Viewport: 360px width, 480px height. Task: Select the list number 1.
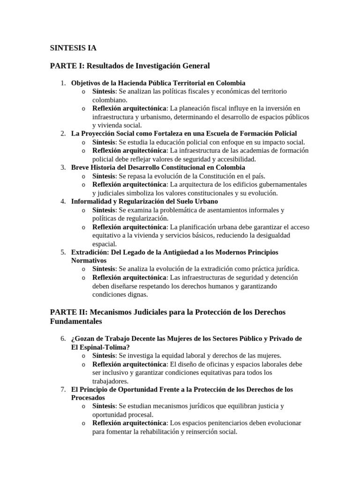pos(63,83)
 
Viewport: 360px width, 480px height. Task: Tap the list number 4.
pos(63,201)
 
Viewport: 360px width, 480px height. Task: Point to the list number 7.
pos(63,390)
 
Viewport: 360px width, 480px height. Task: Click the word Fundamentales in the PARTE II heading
pos(75,322)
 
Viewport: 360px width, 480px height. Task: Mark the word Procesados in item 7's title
pos(88,398)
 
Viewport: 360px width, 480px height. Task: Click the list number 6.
pos(63,339)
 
